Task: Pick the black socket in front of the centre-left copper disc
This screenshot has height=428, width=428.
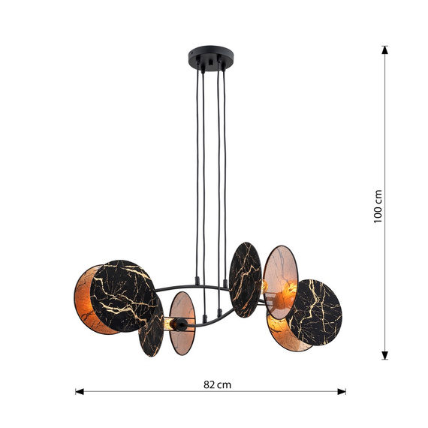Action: [x=174, y=324]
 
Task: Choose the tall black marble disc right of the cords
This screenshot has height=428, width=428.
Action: [x=245, y=279]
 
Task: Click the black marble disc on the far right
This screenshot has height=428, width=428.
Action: [x=315, y=312]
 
